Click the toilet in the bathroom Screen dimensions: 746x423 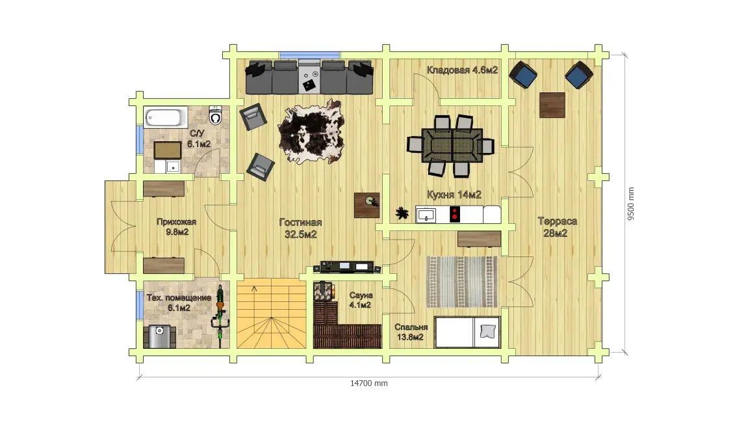[x=216, y=115]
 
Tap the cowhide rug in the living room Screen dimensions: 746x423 [x=311, y=132]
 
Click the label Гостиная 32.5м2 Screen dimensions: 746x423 [x=300, y=228]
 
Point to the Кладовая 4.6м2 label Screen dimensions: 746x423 [x=462, y=70]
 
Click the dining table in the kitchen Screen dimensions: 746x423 [x=452, y=145]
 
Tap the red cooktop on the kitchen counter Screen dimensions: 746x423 [x=455, y=214]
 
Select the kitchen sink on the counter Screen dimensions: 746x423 [x=426, y=215]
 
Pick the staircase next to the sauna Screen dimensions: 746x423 [x=271, y=314]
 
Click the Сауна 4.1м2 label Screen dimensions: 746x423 [x=360, y=300]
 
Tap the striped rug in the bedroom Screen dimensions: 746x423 [x=462, y=282]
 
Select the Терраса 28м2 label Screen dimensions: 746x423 [x=557, y=226]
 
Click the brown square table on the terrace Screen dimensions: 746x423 [x=552, y=105]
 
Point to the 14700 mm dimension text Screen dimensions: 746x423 [x=368, y=383]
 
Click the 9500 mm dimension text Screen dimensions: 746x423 [x=631, y=204]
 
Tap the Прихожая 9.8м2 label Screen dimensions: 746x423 [x=177, y=226]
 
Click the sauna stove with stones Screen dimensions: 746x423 [x=325, y=291]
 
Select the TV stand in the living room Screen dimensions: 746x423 [x=347, y=267]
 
